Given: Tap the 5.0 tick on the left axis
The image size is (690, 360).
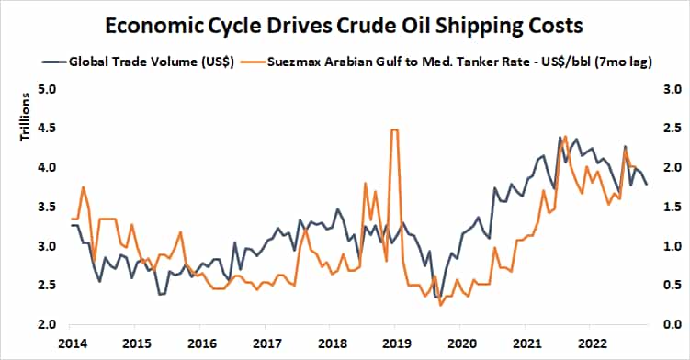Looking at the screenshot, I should click(47, 90).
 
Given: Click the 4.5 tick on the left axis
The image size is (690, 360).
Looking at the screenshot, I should click(47, 129).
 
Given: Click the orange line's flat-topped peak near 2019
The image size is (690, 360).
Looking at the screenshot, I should click(394, 130).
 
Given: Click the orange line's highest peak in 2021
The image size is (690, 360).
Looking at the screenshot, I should click(565, 137).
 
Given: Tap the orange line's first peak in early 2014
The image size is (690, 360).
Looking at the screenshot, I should click(84, 187).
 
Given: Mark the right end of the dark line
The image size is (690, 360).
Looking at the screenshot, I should click(646, 185).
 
